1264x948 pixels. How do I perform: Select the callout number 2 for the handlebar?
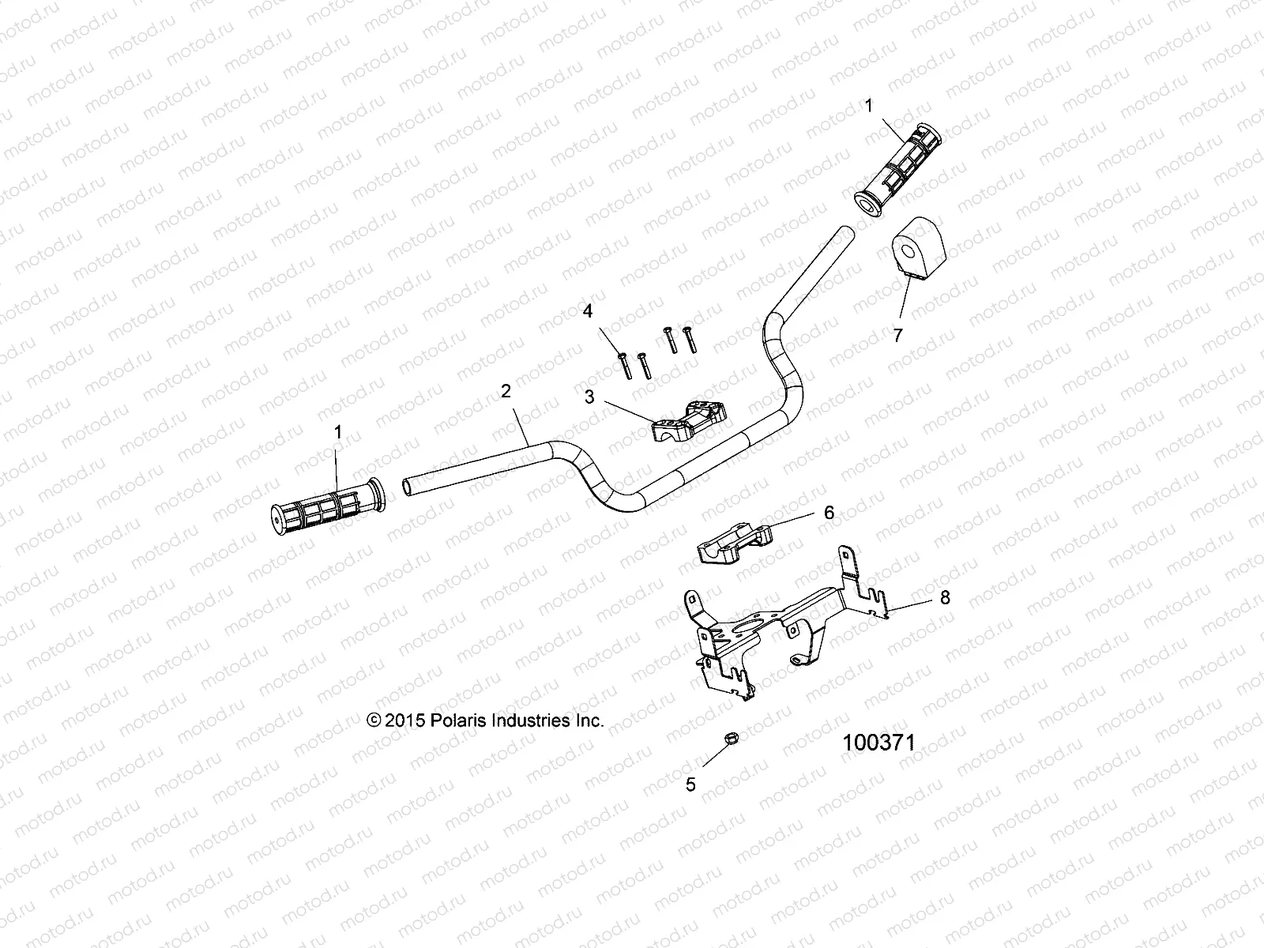click(x=506, y=390)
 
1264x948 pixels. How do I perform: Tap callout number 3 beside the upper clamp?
click(x=590, y=397)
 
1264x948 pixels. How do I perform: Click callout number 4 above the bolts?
click(x=587, y=311)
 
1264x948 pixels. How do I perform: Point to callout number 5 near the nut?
click(x=690, y=784)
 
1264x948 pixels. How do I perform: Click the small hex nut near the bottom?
click(x=732, y=739)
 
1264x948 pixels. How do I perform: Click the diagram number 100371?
click(x=878, y=743)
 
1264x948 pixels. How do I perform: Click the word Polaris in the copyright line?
click(x=459, y=720)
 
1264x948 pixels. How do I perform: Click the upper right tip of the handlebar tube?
click(x=846, y=232)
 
